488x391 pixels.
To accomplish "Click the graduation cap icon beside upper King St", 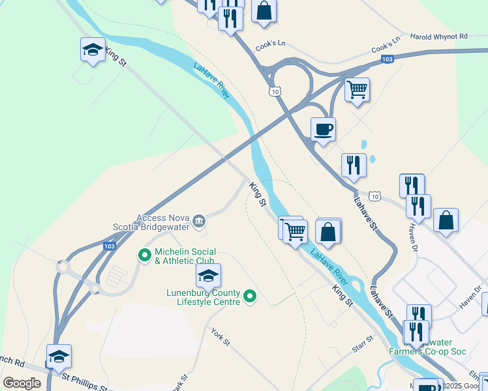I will (x=93, y=50).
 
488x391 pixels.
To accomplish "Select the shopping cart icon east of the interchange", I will (x=357, y=90).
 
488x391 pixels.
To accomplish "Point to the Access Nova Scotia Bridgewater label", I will (x=163, y=223).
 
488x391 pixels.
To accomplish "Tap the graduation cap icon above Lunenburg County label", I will (x=208, y=276).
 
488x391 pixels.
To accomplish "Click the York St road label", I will (x=221, y=337).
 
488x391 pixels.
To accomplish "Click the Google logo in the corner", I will (x=22, y=383).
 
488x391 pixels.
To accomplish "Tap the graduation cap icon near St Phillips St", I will (x=59, y=356).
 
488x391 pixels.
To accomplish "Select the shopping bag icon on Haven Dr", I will (x=446, y=220).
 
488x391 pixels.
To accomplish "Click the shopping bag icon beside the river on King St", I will (x=328, y=231).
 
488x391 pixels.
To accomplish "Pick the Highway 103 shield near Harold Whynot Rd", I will (x=387, y=59).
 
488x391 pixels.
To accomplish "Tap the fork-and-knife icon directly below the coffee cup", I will (x=354, y=166).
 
